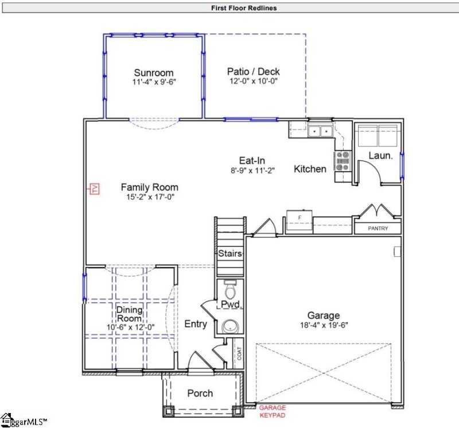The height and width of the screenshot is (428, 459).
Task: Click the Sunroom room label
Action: (x=154, y=73)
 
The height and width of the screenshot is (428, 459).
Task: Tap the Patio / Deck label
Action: (x=253, y=72)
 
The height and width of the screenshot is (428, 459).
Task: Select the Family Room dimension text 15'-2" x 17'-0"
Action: (x=149, y=197)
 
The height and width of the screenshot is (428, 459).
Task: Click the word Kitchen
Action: (x=310, y=169)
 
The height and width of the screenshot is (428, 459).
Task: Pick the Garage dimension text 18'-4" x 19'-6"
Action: (x=324, y=325)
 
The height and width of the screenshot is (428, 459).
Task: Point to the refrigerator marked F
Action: (x=299, y=219)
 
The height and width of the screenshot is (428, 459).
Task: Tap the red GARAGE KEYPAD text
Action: (x=272, y=411)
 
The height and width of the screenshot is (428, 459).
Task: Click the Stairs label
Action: (x=229, y=253)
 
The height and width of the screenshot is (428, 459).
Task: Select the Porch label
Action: (x=200, y=394)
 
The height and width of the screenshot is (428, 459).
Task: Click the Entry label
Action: (x=196, y=324)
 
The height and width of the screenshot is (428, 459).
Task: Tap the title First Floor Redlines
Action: (x=228, y=8)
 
